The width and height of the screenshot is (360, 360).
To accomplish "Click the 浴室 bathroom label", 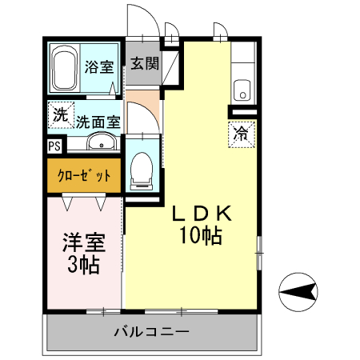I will coord(100,67).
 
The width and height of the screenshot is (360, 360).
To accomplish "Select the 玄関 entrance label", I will coord(144,64).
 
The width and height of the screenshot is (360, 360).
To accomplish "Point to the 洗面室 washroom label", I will coord(98,122).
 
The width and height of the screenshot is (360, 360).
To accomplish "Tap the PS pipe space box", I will coord(54,147).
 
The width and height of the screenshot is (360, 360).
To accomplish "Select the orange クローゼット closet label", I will coord(84,175).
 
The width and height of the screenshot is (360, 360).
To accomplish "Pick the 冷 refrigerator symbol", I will coord(240,134).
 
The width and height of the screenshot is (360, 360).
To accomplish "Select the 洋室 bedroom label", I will coord(83,242).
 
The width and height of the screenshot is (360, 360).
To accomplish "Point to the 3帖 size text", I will coord(83,265).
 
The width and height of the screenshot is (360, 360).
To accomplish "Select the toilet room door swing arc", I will coord(142,120).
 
